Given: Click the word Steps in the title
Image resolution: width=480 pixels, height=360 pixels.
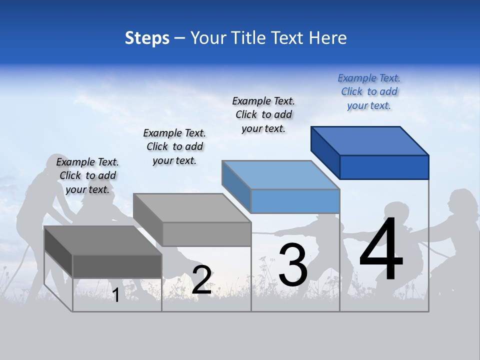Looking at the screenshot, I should pyautogui.click(x=147, y=38).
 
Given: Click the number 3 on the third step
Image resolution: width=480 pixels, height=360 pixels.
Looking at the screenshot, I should pyautogui.click(x=293, y=265).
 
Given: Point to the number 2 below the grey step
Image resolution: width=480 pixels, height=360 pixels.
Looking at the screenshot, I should pyautogui.click(x=201, y=280).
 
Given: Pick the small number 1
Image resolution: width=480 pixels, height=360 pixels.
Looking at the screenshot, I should pyautogui.click(x=115, y=295).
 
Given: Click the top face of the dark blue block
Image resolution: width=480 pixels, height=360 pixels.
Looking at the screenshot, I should pyautogui.click(x=370, y=140).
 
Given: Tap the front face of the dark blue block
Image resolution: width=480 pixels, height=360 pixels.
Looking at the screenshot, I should pyautogui.click(x=384, y=167).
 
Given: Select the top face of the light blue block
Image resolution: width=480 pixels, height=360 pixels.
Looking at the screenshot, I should pyautogui.click(x=280, y=175).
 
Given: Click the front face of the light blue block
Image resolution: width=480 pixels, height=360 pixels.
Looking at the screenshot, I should pyautogui.click(x=295, y=201).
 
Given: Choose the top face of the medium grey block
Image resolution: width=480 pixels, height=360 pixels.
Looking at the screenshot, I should pyautogui.click(x=192, y=207).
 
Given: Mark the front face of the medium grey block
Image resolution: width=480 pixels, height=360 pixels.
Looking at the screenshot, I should pyautogui.click(x=206, y=234).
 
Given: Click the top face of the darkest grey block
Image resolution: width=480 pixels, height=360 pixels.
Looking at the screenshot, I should pyautogui.click(x=103, y=240).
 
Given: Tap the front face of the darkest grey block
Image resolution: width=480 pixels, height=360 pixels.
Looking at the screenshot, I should pyautogui.click(x=117, y=266).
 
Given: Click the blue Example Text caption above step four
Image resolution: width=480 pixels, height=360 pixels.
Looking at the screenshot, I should pyautogui.click(x=369, y=91).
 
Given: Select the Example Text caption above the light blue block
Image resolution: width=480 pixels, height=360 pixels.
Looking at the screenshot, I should pyautogui.click(x=263, y=114).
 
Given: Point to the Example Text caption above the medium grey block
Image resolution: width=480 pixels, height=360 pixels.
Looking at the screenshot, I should pyautogui.click(x=174, y=146).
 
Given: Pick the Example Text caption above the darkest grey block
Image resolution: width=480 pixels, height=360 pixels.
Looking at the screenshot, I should pyautogui.click(x=87, y=175).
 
